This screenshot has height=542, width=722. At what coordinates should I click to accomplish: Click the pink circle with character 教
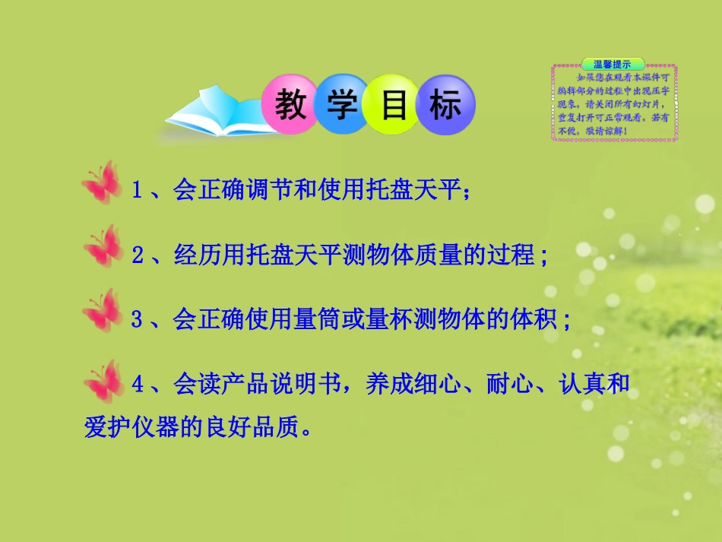pyautogui.click(x=290, y=105)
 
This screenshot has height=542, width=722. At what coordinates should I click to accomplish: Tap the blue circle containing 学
pyautogui.click(x=341, y=105)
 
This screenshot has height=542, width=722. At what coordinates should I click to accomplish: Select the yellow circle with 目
pyautogui.click(x=393, y=105)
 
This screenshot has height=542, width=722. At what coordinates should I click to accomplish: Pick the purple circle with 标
pyautogui.click(x=445, y=105)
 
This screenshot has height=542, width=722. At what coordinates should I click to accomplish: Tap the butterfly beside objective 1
pyautogui.click(x=102, y=183)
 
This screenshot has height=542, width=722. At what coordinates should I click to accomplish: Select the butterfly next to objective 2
pyautogui.click(x=102, y=247)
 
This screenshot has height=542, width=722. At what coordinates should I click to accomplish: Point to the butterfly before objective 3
pyautogui.click(x=102, y=311)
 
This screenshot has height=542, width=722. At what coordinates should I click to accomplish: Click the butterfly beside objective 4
pyautogui.click(x=102, y=380)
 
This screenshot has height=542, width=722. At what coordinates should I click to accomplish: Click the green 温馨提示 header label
pyautogui.click(x=613, y=64)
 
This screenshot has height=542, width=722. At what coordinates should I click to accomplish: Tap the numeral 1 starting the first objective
pyautogui.click(x=137, y=191)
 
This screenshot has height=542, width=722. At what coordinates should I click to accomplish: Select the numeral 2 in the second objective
pyautogui.click(x=137, y=255)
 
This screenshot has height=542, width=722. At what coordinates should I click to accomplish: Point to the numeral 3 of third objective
pyautogui.click(x=137, y=320)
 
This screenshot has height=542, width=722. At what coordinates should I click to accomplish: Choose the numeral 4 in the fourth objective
pyautogui.click(x=137, y=385)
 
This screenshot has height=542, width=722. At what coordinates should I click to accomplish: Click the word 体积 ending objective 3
pyautogui.click(x=532, y=319)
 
